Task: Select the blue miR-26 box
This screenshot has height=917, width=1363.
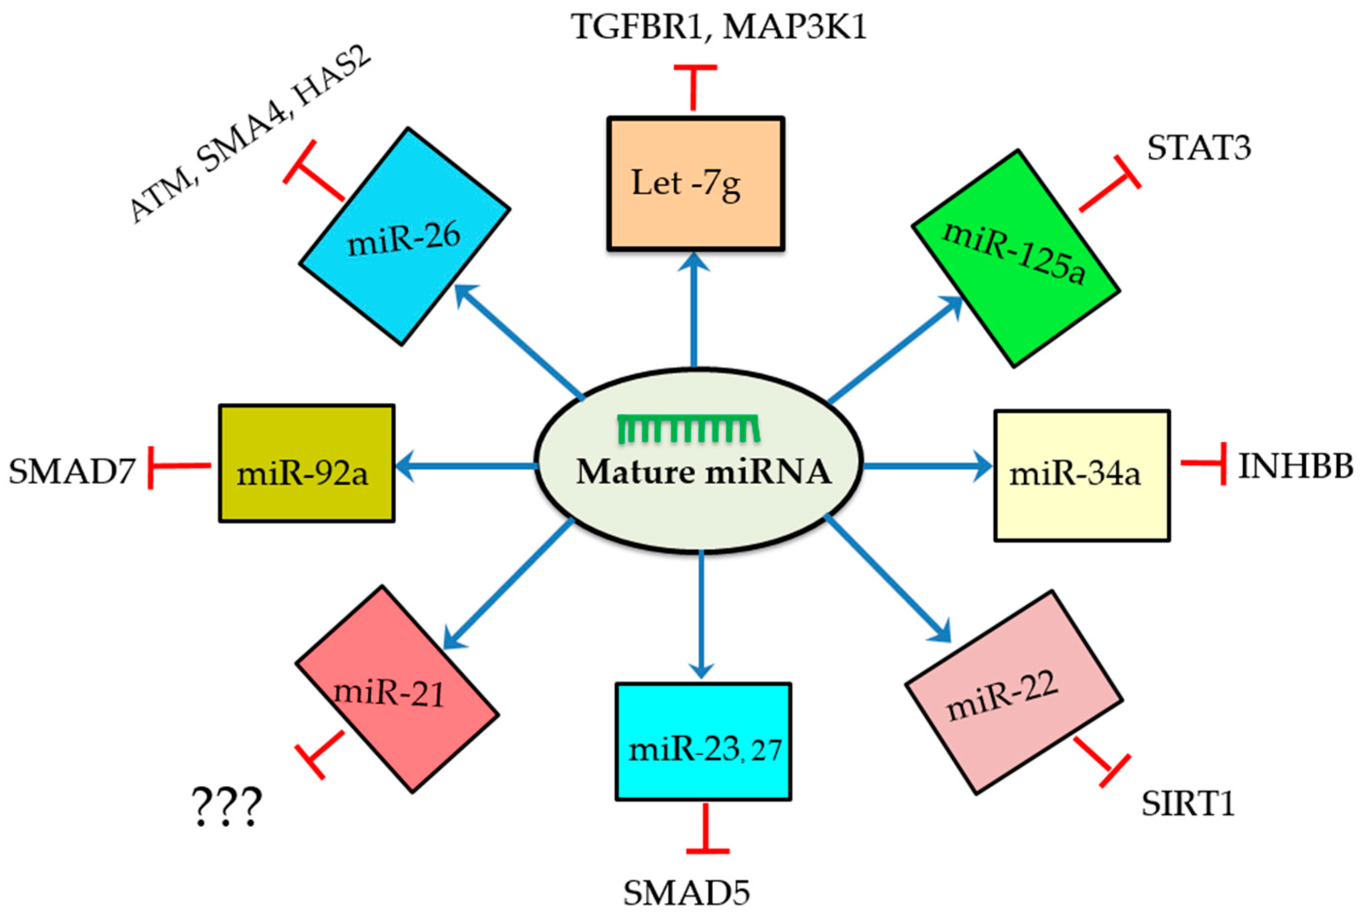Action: click(x=404, y=236)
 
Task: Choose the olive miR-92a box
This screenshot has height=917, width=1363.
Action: click(x=307, y=463)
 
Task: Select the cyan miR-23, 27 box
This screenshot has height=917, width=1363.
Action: click(x=703, y=742)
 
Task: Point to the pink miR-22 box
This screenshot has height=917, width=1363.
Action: click(x=1013, y=692)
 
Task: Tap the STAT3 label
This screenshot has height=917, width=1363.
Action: click(x=1199, y=148)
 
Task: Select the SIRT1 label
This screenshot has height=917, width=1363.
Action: click(x=1188, y=804)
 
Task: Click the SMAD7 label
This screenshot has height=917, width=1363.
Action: click(x=71, y=471)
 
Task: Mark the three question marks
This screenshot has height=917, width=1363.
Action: click(x=227, y=808)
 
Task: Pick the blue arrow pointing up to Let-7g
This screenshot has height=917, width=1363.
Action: click(x=694, y=310)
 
